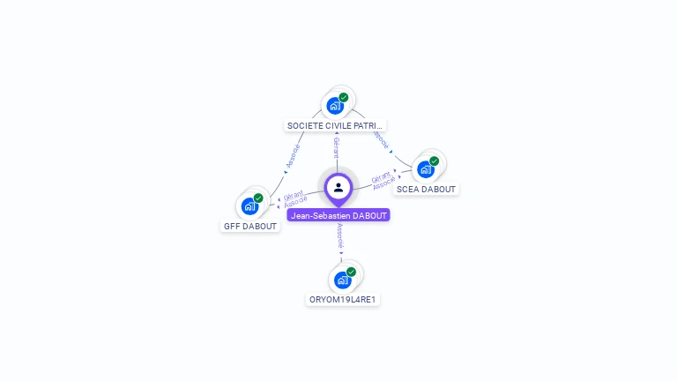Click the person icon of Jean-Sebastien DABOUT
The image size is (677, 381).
click(338, 187)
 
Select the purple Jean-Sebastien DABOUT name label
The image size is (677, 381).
click(338, 215)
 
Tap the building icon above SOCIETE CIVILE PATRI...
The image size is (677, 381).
click(335, 106)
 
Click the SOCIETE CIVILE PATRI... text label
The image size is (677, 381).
click(336, 125)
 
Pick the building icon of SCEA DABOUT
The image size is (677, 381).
click(426, 169)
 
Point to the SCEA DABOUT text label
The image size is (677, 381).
click(426, 189)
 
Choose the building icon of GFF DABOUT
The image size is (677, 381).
click(249, 206)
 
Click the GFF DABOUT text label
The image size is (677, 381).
click(250, 226)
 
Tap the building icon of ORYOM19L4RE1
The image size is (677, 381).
click(342, 280)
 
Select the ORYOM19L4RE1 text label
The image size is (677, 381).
click(344, 300)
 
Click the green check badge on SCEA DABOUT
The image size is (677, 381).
click(435, 161)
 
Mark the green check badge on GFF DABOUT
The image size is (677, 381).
click(258, 198)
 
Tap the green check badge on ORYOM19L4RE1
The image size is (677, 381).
click(351, 273)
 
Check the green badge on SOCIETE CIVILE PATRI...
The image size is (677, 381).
click(344, 98)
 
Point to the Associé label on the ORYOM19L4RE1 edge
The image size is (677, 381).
click(340, 235)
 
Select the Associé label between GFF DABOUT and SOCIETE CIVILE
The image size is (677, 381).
click(294, 156)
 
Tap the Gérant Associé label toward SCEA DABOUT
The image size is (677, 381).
click(383, 181)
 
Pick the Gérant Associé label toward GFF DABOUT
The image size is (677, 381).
click(295, 199)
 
